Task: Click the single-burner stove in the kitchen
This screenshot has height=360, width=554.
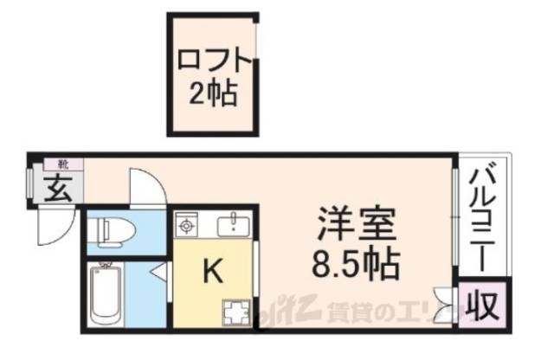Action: pyautogui.click(x=186, y=226)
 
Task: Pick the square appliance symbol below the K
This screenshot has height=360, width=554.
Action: pyautogui.click(x=236, y=311)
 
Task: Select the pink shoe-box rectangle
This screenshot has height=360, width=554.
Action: pyautogui.click(x=65, y=164)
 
